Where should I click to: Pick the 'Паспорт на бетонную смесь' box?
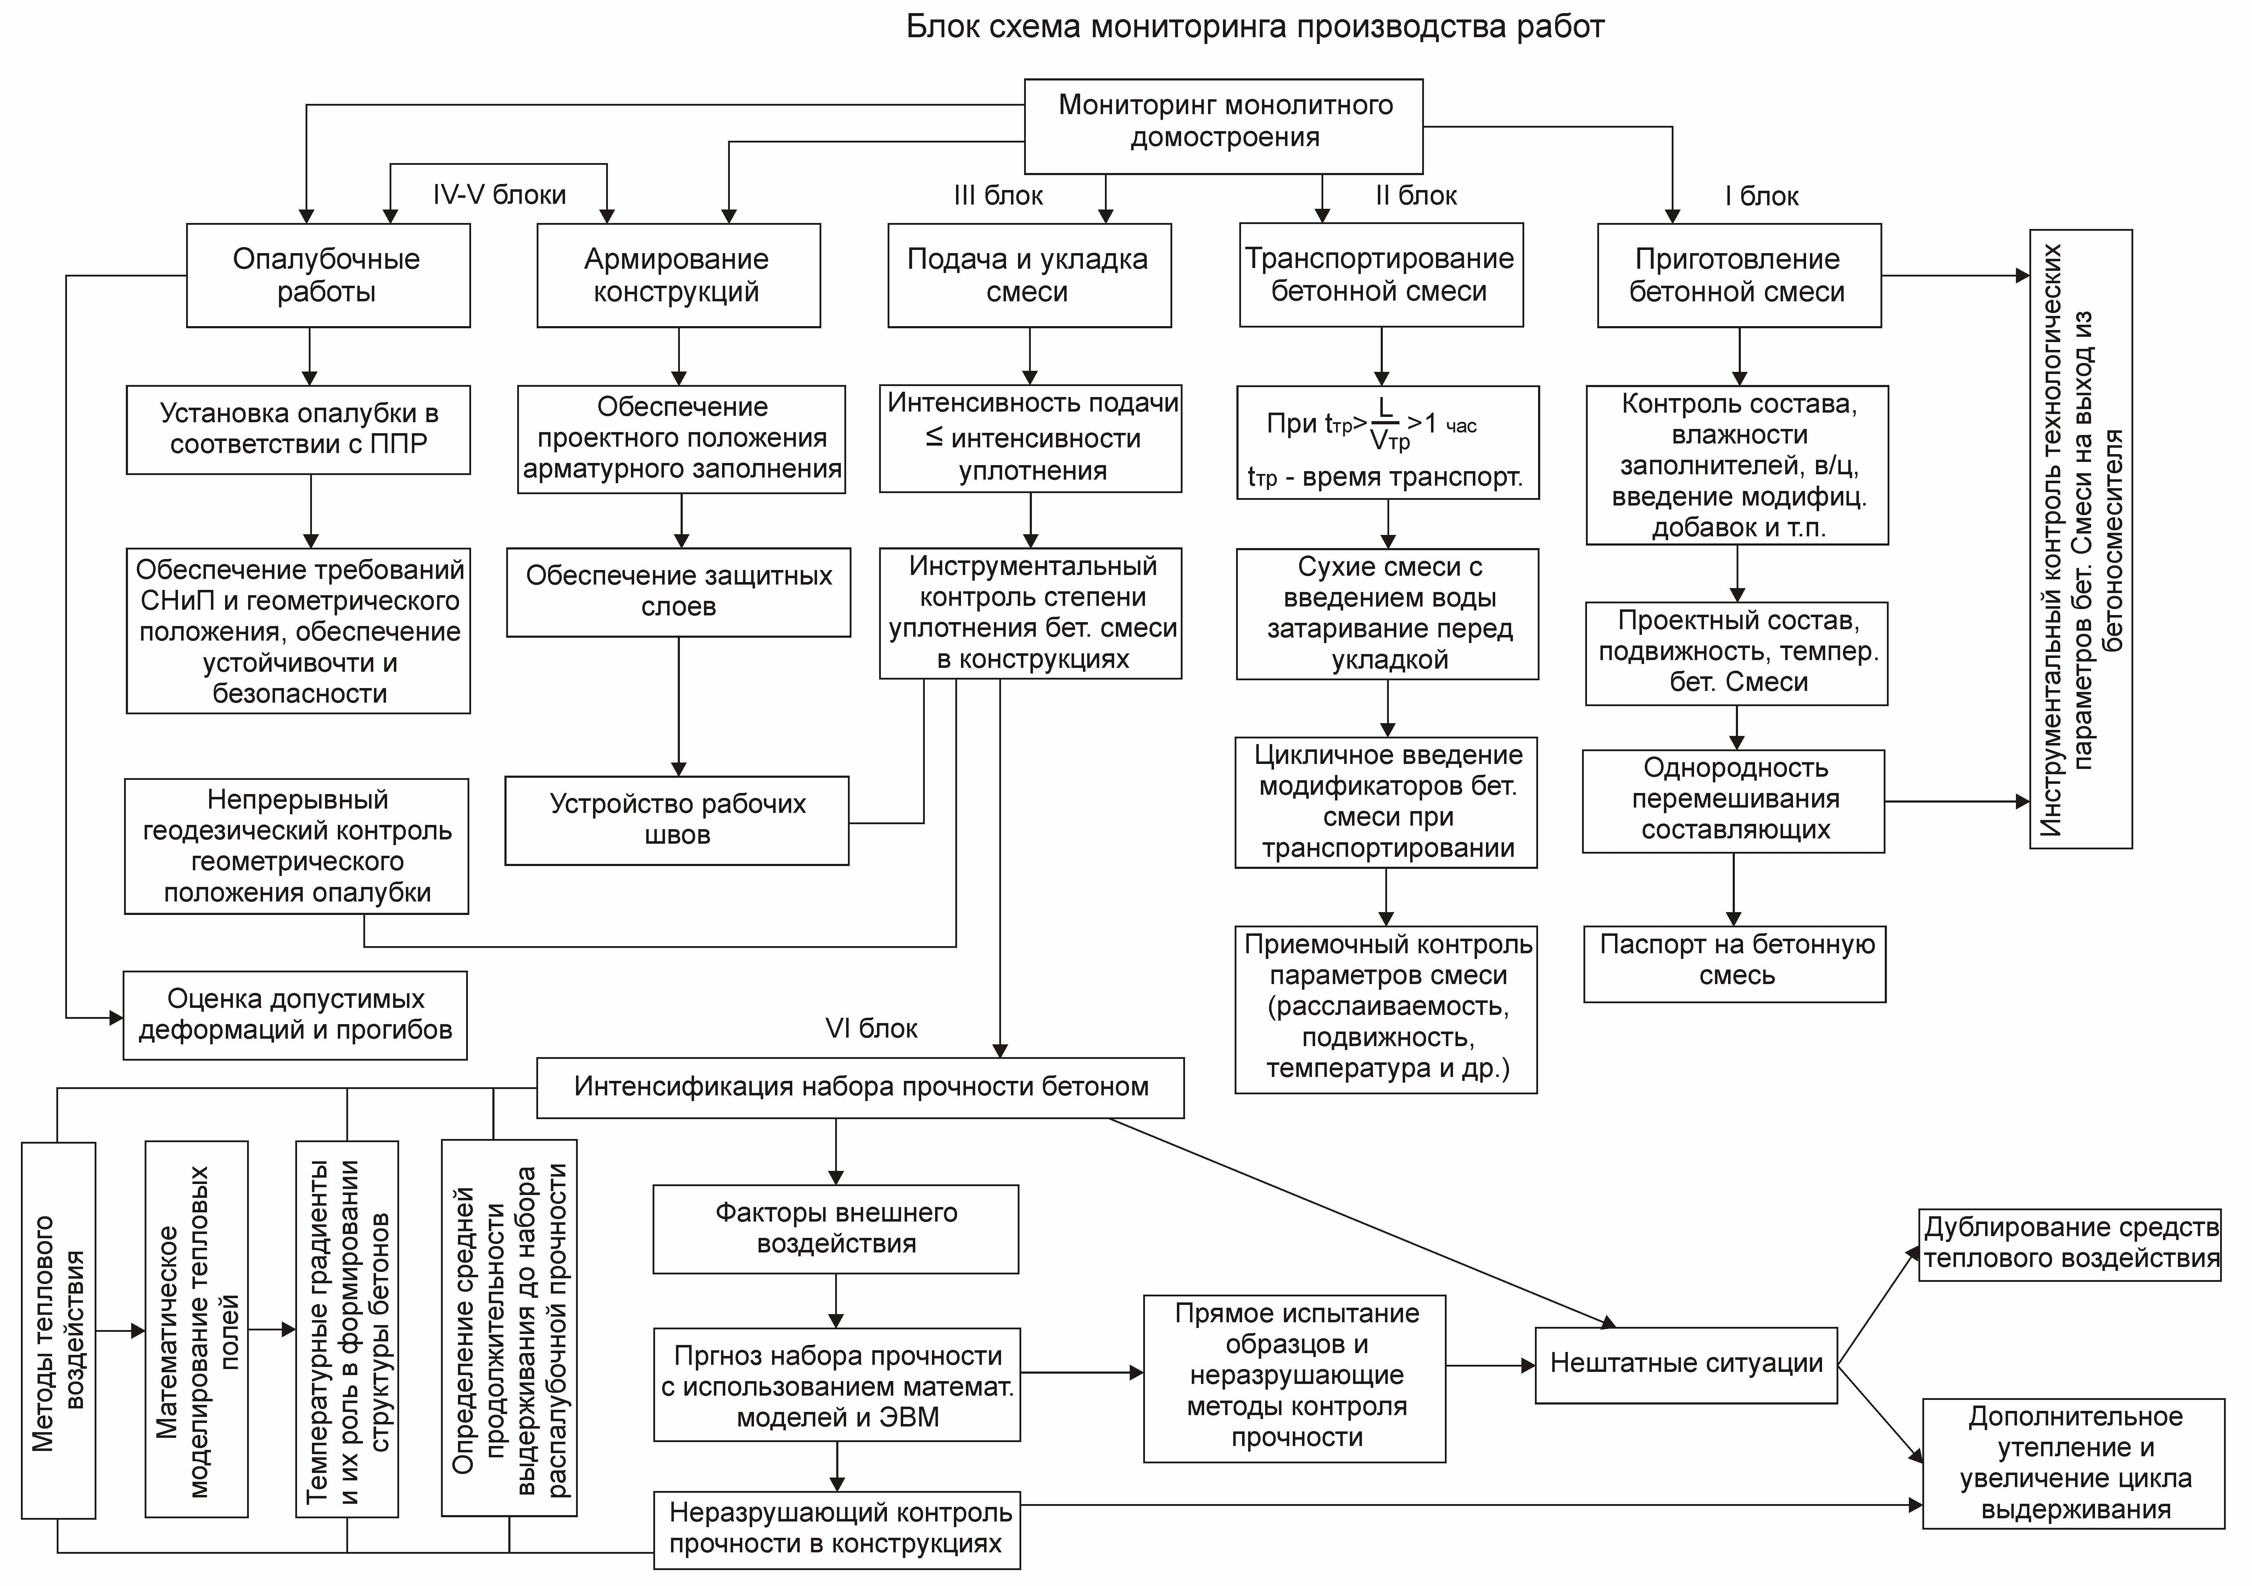(x=1734, y=964)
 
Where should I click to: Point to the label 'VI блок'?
(x=871, y=1029)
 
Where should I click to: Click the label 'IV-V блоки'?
(x=499, y=194)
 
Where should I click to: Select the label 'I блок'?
(x=1762, y=196)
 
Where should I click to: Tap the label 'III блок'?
(x=999, y=196)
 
